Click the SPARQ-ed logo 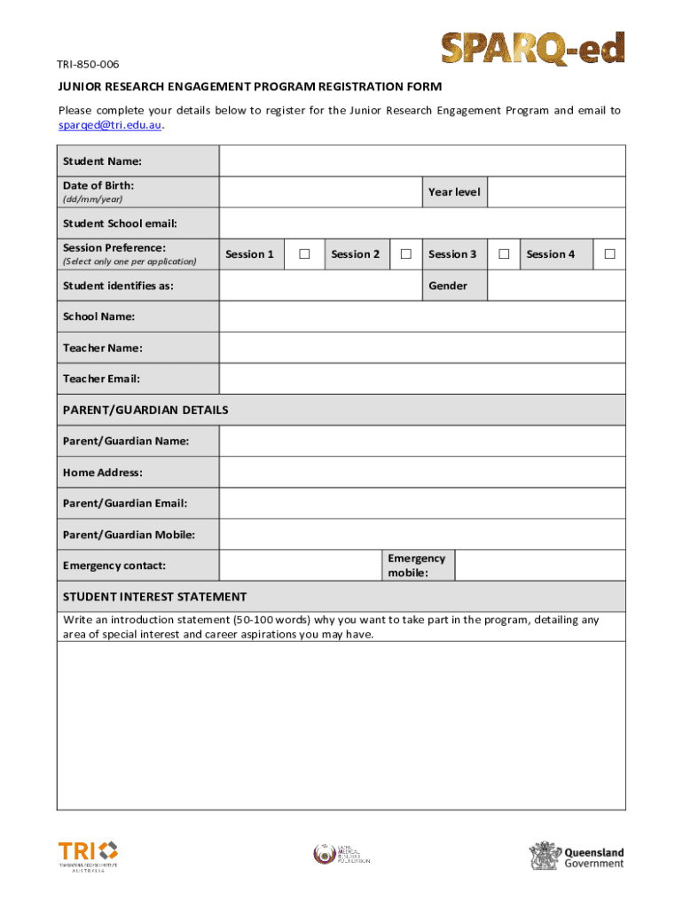(533, 50)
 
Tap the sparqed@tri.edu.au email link (110, 125)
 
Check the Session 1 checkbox (304, 254)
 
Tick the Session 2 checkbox (405, 254)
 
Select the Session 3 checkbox (503, 254)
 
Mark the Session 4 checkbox (609, 254)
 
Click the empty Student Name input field (422, 161)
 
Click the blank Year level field (556, 192)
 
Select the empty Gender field (556, 286)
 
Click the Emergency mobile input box (539, 565)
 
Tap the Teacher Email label (101, 379)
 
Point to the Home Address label (102, 473)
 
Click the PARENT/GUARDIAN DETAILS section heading (145, 410)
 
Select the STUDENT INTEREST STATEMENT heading (154, 597)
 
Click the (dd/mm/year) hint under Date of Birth (92, 200)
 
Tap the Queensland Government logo (577, 857)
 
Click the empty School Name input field (422, 317)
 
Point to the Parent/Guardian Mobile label (129, 535)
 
